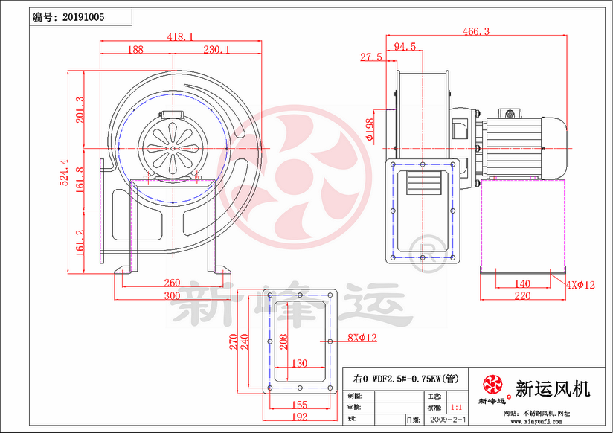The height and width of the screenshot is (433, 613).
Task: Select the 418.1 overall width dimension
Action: pyautogui.click(x=180, y=36)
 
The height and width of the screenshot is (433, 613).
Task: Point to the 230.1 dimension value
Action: pyautogui.click(x=216, y=49)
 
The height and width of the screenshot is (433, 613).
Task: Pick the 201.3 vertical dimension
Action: pyautogui.click(x=80, y=110)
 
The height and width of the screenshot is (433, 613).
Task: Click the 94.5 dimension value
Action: pyautogui.click(x=405, y=46)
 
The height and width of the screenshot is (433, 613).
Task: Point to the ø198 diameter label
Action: pyautogui.click(x=370, y=129)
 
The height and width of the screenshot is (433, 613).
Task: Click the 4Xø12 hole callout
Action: pyautogui.click(x=580, y=285)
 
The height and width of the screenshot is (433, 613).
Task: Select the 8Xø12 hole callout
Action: pyautogui.click(x=362, y=338)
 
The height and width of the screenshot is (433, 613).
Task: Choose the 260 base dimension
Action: pyautogui.click(x=172, y=283)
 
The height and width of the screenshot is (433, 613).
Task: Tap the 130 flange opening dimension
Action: pyautogui.click(x=299, y=364)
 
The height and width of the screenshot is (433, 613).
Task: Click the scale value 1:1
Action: pyautogui.click(x=456, y=408)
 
